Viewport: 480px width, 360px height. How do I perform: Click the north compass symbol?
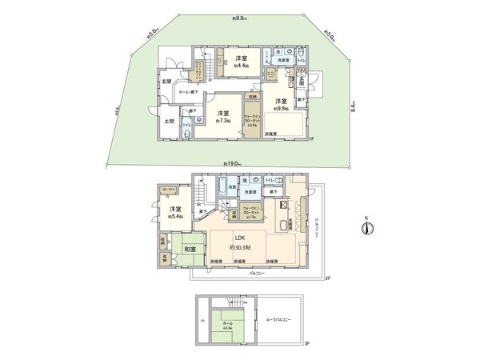pos(365,228)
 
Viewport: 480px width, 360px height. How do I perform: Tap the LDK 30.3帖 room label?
pos(239,242)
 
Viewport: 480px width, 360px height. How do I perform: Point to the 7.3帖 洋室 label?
pos(223,117)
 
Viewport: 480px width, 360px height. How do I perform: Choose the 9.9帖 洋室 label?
pos(281,104)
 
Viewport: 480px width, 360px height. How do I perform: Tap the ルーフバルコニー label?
pos(278,319)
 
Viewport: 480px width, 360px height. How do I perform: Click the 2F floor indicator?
pos(326,278)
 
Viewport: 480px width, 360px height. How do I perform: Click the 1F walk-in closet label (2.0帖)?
pos(250,120)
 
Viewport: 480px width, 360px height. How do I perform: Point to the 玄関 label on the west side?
pos(167,81)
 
